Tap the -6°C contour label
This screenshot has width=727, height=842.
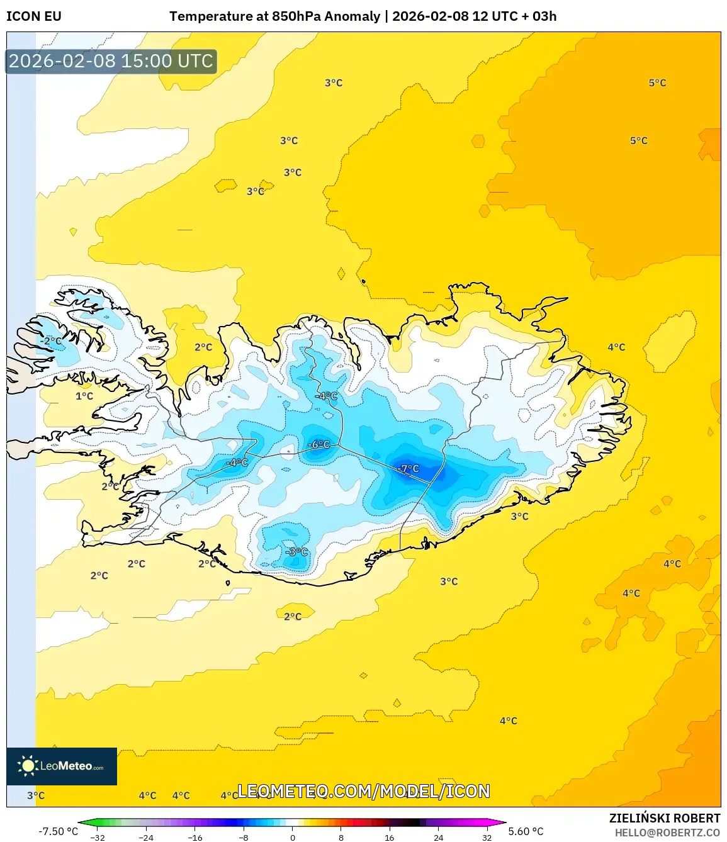click(x=318, y=444)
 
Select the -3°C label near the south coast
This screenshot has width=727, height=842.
click(x=296, y=552)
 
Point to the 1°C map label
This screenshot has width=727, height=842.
click(x=84, y=396)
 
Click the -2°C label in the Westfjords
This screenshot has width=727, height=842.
click(x=51, y=340)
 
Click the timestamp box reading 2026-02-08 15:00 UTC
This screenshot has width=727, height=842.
click(x=111, y=61)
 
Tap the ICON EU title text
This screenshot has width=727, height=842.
click(x=34, y=16)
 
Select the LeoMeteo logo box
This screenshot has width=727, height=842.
click(x=62, y=766)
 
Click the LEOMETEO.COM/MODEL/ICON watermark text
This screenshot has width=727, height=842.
click(x=363, y=791)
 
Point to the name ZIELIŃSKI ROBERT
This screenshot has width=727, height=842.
click(x=664, y=818)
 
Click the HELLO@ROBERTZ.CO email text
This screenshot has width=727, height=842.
click(x=667, y=833)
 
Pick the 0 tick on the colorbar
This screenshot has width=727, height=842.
click(x=292, y=838)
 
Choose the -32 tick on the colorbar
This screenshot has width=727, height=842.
click(x=98, y=838)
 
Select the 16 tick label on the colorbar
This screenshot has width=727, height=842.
click(x=390, y=838)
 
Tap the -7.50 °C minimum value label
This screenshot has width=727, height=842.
click(x=58, y=831)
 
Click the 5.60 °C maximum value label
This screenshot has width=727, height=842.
click(x=526, y=831)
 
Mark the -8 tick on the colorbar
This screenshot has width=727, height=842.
click(x=244, y=838)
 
